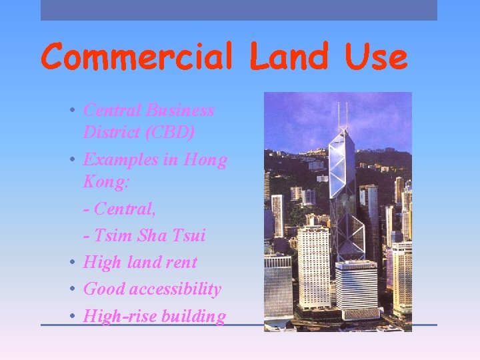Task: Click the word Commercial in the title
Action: pyautogui.click(x=137, y=57)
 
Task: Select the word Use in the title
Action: pyautogui.click(x=376, y=57)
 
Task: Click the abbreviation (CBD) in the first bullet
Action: pyautogui.click(x=169, y=133)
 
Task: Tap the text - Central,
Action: pyautogui.click(x=120, y=209)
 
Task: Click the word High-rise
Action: pyautogui.click(x=117, y=316)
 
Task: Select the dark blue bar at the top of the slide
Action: pyautogui.click(x=239, y=10)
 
